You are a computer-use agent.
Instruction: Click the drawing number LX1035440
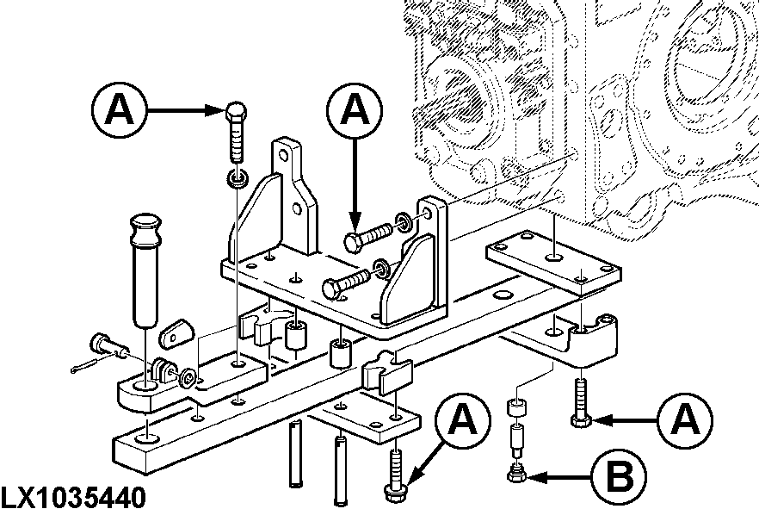tap(73, 497)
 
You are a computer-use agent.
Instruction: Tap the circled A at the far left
tap(118, 110)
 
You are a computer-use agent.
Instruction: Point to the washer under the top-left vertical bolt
tap(237, 179)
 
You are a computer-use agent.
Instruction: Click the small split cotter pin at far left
tap(86, 369)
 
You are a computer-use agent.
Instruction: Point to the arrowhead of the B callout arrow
tap(536, 475)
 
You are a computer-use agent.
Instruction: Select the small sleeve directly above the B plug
tap(516, 407)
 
